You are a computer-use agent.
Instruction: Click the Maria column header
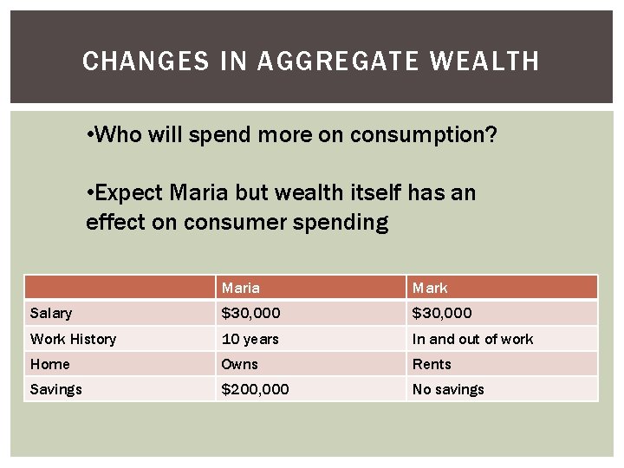(x=241, y=288)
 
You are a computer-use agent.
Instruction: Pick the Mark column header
(x=430, y=288)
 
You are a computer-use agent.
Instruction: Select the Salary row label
(x=51, y=313)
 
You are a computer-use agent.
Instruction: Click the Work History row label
(x=73, y=339)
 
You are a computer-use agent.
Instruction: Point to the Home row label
(x=49, y=364)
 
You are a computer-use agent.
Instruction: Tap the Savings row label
(x=55, y=389)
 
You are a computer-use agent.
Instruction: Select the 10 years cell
(x=250, y=339)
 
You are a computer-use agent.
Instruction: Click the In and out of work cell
(x=472, y=339)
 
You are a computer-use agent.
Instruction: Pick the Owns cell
(x=240, y=364)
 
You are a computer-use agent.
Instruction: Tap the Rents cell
(x=432, y=364)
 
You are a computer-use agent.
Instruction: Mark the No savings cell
(x=448, y=389)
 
